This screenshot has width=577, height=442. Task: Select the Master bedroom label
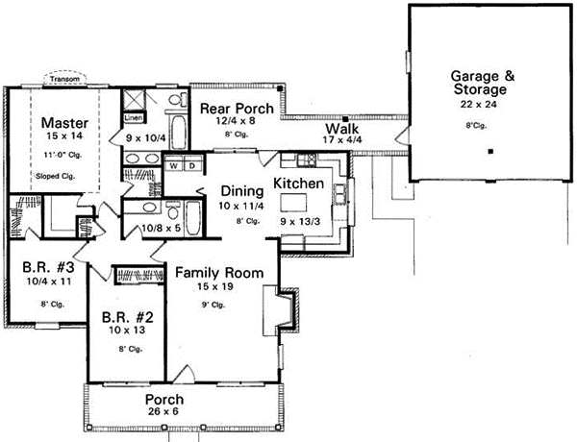(x=65, y=123)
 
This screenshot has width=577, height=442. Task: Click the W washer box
(x=175, y=165)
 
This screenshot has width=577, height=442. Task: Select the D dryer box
(x=191, y=165)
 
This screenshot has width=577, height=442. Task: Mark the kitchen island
(x=294, y=203)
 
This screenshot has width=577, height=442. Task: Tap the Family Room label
(x=218, y=274)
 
